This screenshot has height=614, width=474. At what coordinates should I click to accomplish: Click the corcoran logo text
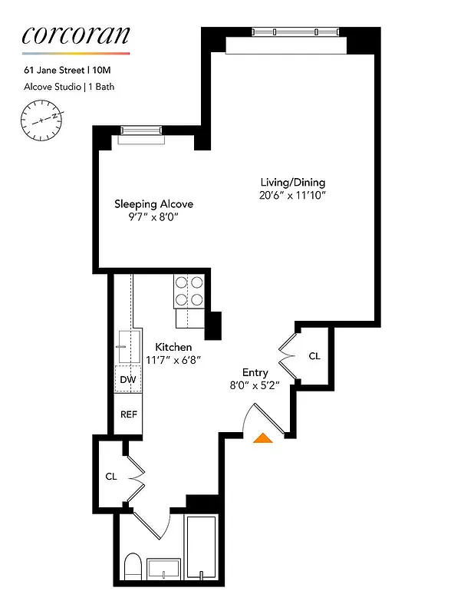pos(75,35)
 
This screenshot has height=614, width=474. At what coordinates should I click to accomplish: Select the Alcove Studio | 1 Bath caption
pos(68,87)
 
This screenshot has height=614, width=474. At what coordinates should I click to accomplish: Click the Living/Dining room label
pos(292,183)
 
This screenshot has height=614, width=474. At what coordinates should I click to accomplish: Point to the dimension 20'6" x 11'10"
pos(292,196)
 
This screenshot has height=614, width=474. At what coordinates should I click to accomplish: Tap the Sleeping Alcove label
pos(153,204)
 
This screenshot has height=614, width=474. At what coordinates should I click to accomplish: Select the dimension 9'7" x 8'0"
pos(153,217)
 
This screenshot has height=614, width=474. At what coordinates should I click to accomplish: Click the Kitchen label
pos(173,347)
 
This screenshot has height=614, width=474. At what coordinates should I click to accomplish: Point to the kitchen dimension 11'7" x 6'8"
pos(173,359)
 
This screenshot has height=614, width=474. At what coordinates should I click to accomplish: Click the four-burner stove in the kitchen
pos(190,291)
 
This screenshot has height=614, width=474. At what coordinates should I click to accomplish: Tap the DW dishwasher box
pos(128,380)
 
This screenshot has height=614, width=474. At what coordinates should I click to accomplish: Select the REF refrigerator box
pos(128,414)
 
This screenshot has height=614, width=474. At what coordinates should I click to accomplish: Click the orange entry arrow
pos(262,438)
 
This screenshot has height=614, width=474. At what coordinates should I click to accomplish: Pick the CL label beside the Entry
pos(314,356)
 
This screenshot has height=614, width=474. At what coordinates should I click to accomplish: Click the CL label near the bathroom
pos(111,476)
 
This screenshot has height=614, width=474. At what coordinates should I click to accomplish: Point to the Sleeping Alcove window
pos(141,134)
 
